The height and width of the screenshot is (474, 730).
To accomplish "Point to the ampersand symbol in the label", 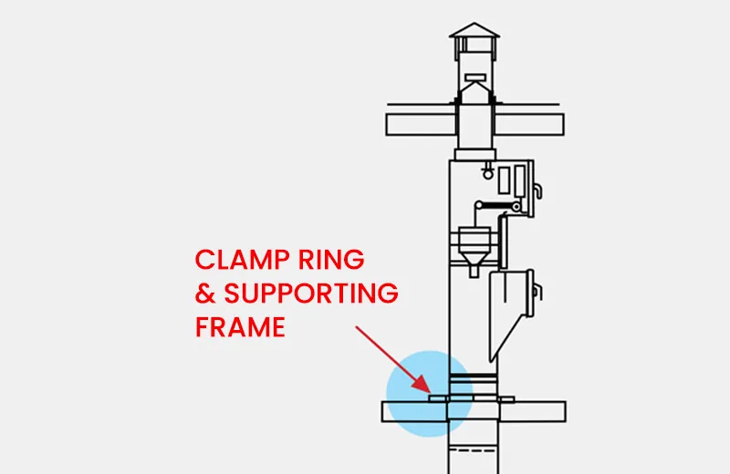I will point(206,294).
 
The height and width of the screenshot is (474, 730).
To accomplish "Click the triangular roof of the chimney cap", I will point(474,31).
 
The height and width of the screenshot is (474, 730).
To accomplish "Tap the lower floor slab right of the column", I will point(534,411).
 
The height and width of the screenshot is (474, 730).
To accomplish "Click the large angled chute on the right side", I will point(509,305).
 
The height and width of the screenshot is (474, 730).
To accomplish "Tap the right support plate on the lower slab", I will point(507,397).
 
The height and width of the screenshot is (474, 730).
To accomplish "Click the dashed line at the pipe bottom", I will point(474,448).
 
